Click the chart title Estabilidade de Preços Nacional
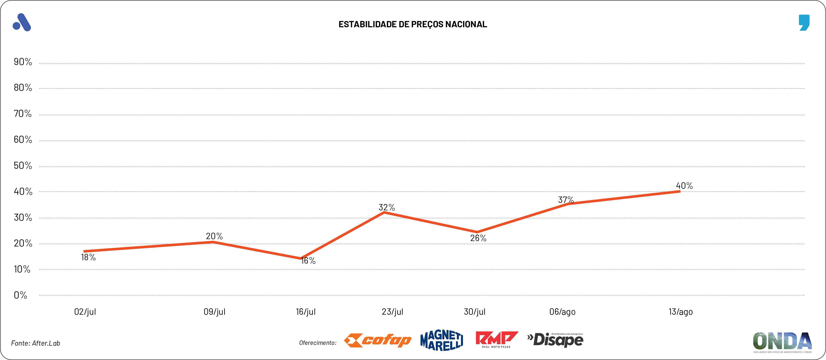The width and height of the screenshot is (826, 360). [413, 24]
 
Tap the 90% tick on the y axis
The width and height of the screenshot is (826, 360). [23, 62]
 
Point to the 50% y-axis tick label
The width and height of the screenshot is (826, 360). [23, 166]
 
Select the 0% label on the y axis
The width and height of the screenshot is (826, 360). [20, 295]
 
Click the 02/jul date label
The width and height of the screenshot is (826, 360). [85, 312]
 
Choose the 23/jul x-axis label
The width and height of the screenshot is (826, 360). [392, 312]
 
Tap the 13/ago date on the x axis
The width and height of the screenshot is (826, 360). [680, 312]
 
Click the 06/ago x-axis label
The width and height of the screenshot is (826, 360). [562, 312]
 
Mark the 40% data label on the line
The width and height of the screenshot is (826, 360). [684, 186]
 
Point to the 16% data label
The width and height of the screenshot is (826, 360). [308, 261]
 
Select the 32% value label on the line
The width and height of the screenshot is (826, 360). [387, 207]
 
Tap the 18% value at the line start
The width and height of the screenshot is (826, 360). [88, 257]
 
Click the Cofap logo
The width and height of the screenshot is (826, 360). [377, 340]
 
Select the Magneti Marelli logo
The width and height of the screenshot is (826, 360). [441, 340]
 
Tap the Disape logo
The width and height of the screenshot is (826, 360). [555, 340]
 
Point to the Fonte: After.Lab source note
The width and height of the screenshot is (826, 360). [36, 343]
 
